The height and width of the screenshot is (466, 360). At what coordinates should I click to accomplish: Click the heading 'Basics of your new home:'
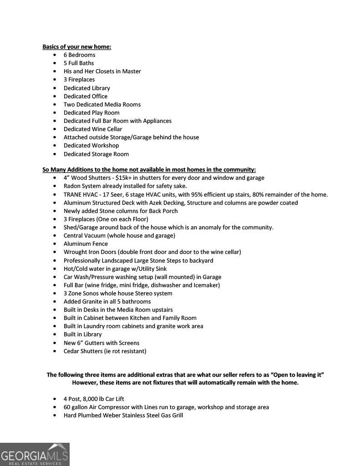coord(76,46)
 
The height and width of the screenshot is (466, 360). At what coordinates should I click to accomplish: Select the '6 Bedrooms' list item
coord(79,55)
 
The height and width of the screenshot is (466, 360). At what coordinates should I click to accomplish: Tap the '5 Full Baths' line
coord(79,63)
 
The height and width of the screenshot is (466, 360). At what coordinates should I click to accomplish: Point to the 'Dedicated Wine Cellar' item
coord(93,129)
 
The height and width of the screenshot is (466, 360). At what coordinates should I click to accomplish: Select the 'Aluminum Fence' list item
coord(86,243)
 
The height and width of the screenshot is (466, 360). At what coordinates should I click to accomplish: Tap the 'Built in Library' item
coord(82,334)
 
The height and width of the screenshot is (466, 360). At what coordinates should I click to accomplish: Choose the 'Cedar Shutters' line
coord(105,351)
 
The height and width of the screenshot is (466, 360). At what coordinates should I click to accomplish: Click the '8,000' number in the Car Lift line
coord(91,399)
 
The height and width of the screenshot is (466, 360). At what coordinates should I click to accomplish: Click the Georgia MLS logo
coord(35,454)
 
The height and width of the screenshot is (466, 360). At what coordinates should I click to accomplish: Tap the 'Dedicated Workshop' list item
coord(91,145)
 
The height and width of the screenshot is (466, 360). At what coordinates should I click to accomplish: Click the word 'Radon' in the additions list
coord(72,186)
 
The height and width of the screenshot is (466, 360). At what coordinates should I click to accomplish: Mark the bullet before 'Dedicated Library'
coord(55,88)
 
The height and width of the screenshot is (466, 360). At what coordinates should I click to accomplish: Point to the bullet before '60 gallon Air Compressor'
coord(55,407)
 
